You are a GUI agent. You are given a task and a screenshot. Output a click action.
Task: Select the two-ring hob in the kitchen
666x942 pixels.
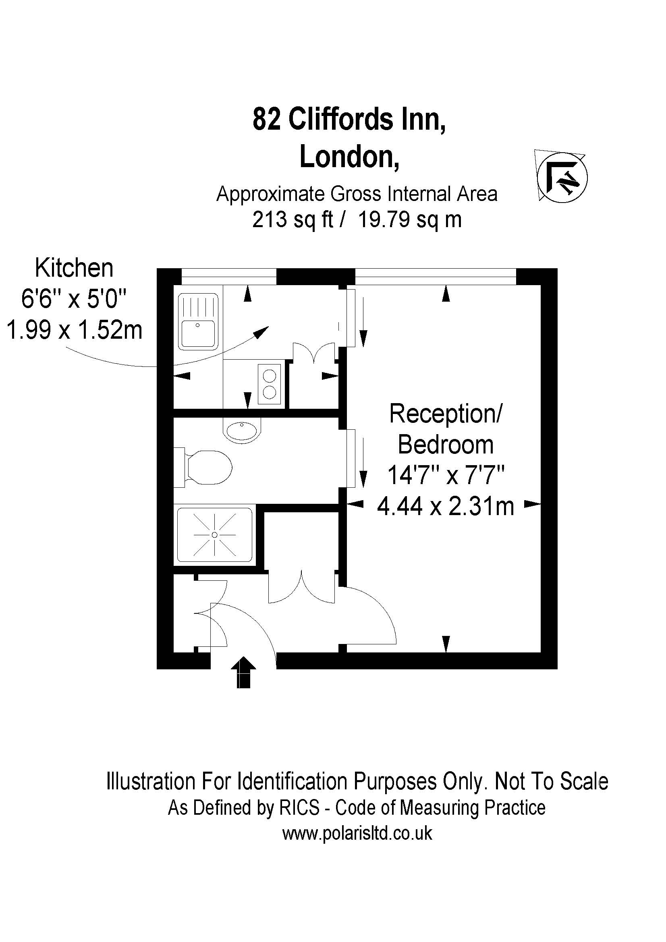(270, 384)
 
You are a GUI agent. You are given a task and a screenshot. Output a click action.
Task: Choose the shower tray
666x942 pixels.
(215, 535)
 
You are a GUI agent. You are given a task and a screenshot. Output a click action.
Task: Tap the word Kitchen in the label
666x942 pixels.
(74, 268)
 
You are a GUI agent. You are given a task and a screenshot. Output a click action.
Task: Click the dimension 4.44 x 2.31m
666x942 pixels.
(445, 506)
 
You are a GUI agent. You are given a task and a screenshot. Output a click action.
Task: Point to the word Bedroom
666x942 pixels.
(446, 444)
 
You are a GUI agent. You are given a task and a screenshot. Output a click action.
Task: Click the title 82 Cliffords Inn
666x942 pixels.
(349, 119)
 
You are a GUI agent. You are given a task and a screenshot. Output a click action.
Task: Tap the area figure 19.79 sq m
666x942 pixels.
(410, 219)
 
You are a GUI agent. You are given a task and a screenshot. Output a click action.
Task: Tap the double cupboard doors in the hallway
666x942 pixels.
(302, 587)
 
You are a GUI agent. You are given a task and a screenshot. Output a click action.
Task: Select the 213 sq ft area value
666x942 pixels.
(292, 219)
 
